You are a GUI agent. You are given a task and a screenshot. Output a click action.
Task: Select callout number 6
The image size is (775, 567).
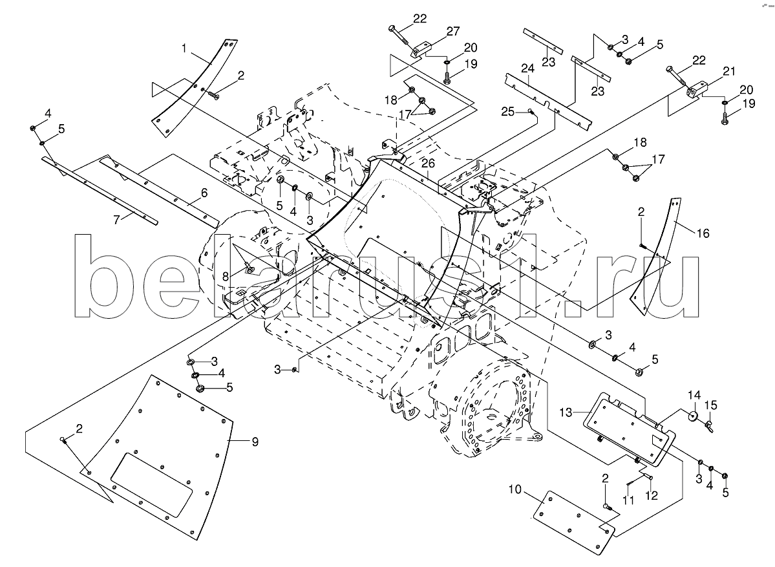(x=204, y=193)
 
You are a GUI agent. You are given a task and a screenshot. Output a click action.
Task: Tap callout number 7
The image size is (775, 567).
(x=117, y=220)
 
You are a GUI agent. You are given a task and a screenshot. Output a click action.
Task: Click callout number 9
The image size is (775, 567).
(x=255, y=442)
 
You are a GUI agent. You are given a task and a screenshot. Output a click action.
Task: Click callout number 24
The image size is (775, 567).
(x=527, y=68)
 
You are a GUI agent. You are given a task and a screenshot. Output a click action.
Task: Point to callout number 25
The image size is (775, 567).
(x=507, y=112)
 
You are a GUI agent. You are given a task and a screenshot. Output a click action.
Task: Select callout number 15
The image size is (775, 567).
(x=711, y=406)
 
